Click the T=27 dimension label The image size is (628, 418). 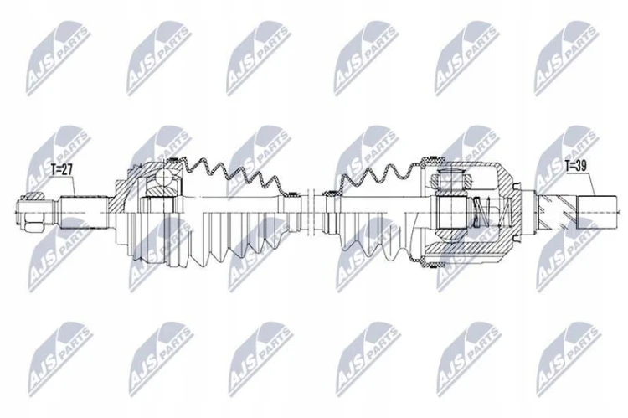click(62, 169)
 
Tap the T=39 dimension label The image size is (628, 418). click(575, 166)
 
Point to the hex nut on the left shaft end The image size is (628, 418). click(33, 221)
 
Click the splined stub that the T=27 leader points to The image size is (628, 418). click(84, 212)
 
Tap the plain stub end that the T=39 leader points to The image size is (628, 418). click(596, 213)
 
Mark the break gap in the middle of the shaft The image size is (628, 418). click(313, 213)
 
